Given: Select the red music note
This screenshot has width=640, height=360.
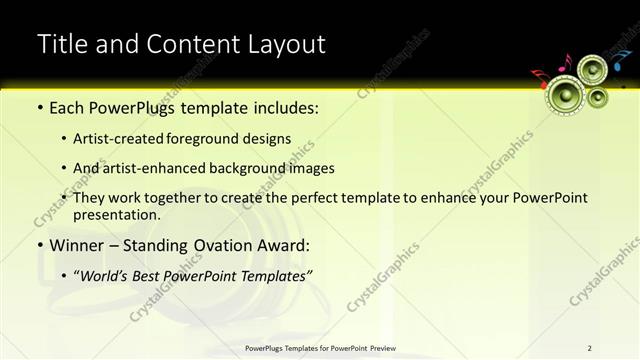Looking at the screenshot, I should click(537, 76).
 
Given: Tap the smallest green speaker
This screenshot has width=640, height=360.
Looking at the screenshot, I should click(598, 98).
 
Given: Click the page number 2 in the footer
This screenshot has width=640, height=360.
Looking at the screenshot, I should click(590, 348).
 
